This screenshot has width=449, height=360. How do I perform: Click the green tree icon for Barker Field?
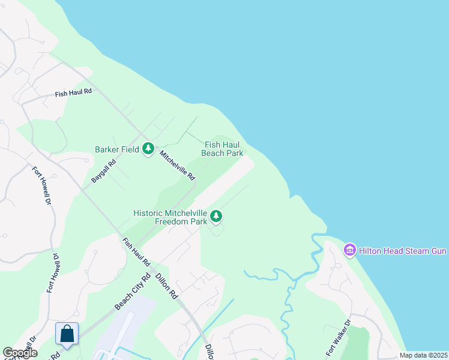click(x=148, y=149)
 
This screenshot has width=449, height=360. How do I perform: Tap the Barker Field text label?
click(x=117, y=149)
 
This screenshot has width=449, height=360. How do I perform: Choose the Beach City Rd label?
click(x=131, y=293)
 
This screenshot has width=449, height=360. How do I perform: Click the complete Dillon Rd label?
click(x=166, y=286)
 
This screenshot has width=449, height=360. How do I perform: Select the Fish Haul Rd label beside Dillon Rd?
click(x=136, y=253)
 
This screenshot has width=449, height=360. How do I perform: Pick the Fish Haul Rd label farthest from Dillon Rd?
click(x=73, y=92)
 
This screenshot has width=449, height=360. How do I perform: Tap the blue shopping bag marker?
click(x=67, y=334)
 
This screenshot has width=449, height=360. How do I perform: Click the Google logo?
click(x=20, y=353)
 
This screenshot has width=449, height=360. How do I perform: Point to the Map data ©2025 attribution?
click(x=423, y=355)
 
